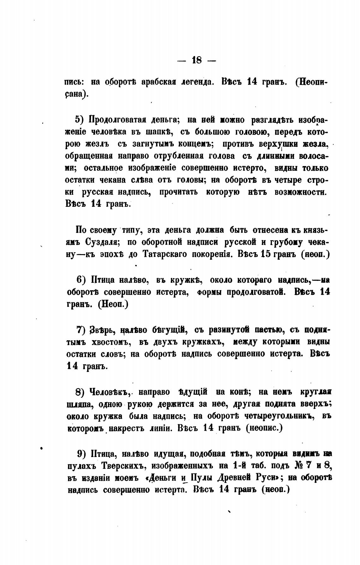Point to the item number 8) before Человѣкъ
pos(81,392)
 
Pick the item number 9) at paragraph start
pos(82,454)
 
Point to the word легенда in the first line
pos(197,82)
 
